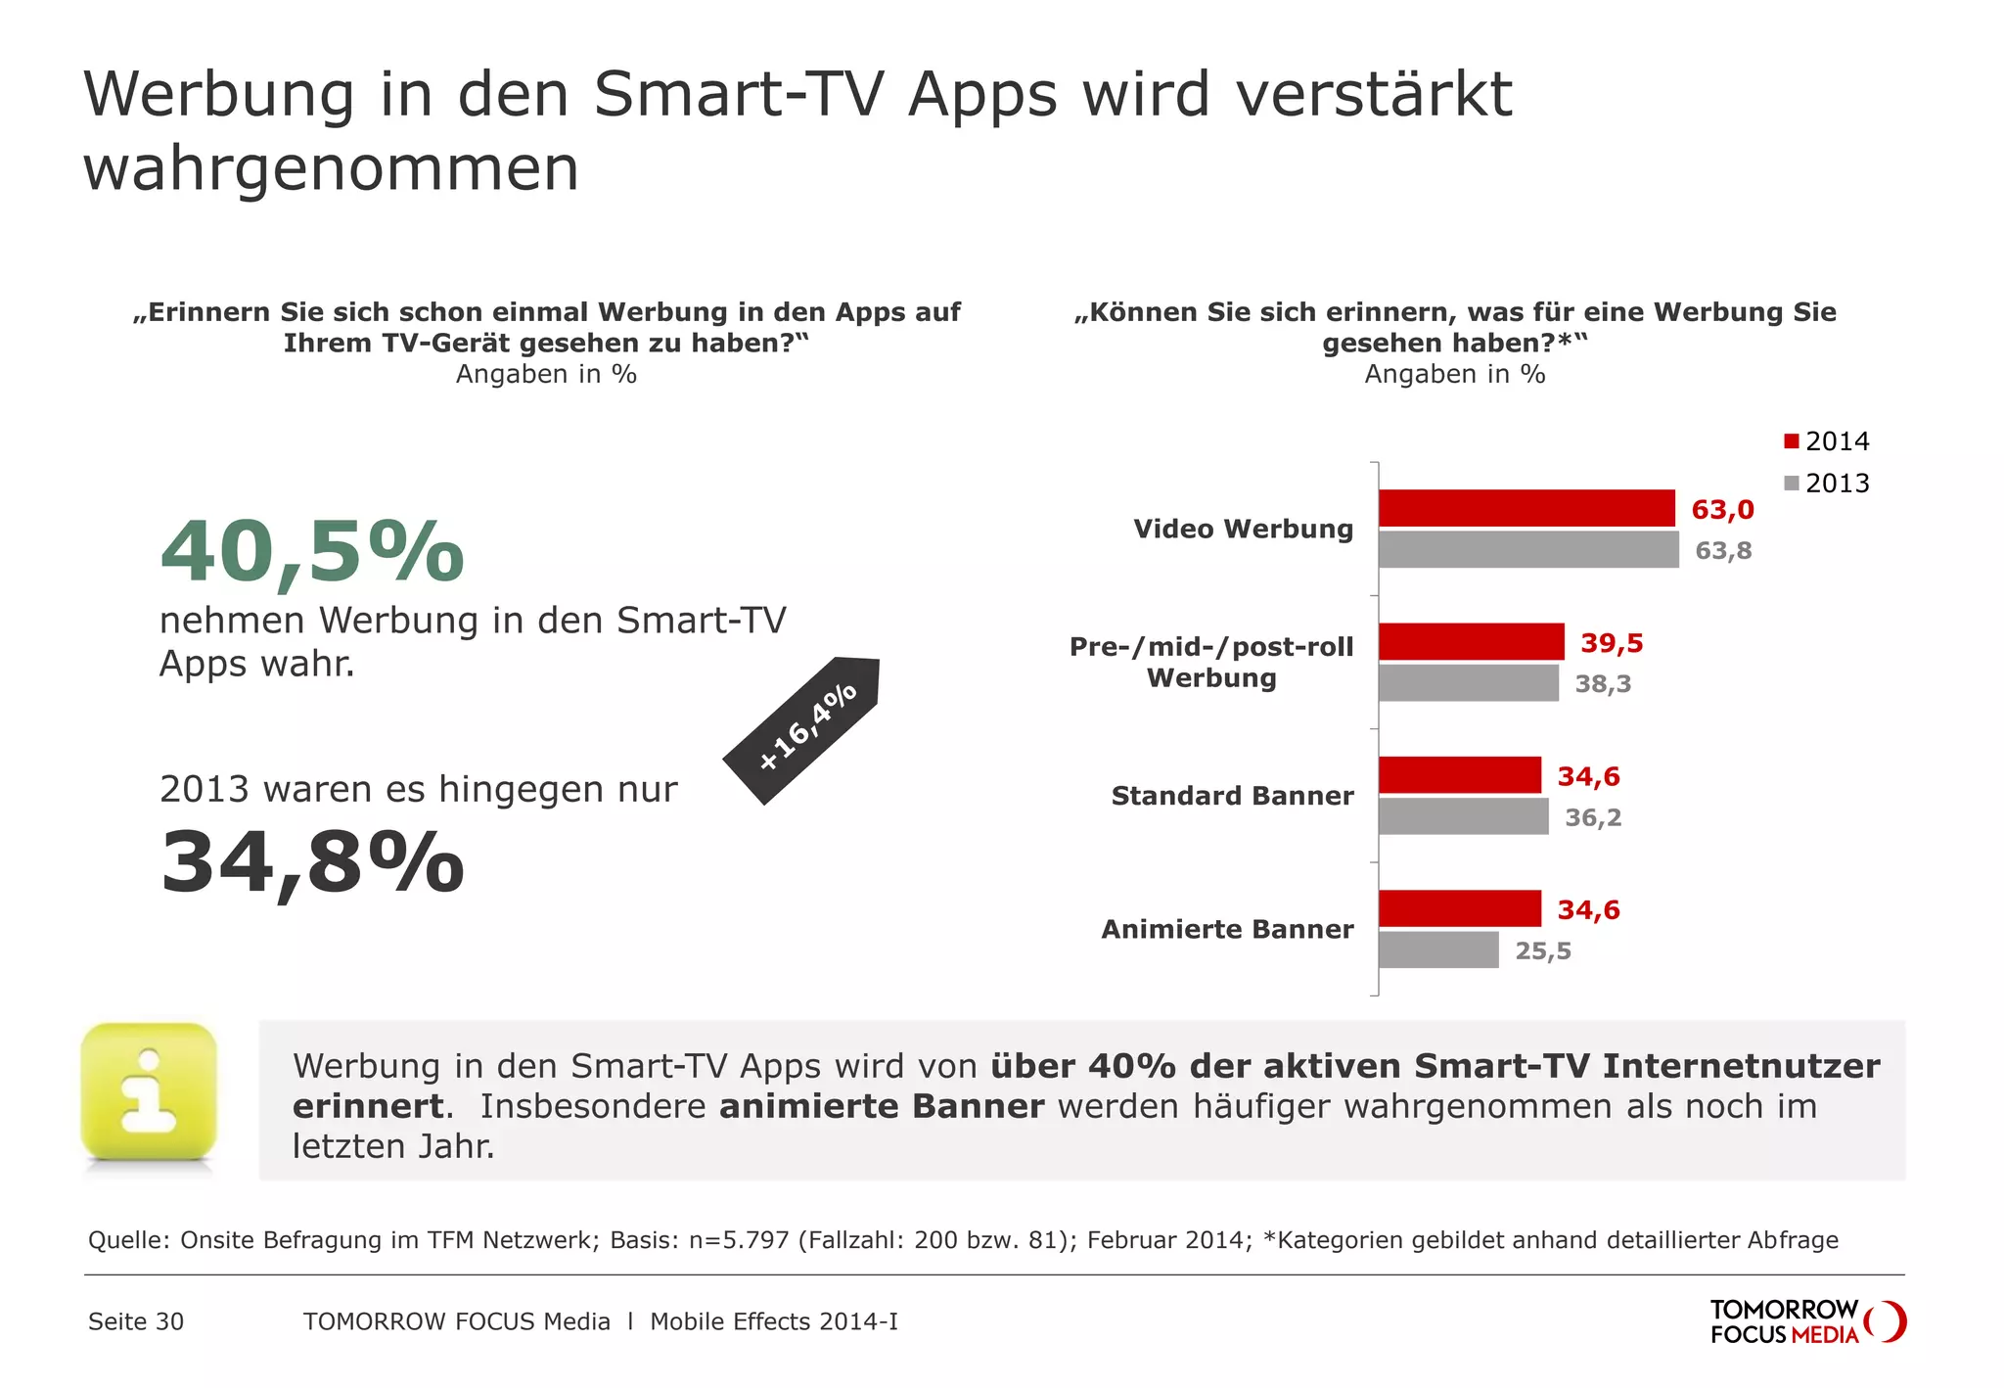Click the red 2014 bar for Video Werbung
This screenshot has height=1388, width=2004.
coord(1526,508)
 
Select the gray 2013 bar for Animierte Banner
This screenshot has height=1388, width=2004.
coord(1438,949)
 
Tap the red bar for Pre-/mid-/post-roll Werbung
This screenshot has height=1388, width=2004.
coord(1471,642)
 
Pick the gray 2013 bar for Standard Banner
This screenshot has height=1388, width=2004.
coord(1463,816)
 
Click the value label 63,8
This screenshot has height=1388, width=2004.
coord(1723,551)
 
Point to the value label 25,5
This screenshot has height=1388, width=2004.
coord(1543,951)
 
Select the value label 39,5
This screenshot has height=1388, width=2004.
coord(1612,643)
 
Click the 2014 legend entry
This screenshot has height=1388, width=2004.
coord(1826,441)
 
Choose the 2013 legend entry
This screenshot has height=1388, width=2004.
coord(1826,484)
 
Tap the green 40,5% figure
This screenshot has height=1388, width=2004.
coord(312,553)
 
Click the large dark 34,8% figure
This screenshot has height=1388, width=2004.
coord(312,863)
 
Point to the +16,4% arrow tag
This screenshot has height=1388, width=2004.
coord(805,728)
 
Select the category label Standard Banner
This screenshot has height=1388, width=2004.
coord(1232,796)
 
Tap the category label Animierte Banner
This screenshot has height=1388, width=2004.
coord(1227,929)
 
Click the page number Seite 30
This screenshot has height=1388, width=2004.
coord(136,1321)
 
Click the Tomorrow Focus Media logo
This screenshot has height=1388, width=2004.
coord(1806,1322)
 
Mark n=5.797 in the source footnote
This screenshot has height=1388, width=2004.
coord(739,1240)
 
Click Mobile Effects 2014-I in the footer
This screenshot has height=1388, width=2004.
coord(774,1321)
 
